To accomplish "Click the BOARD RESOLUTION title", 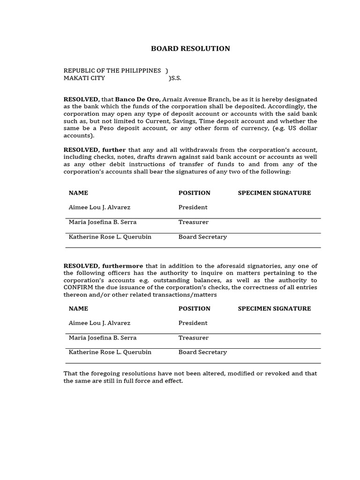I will click(x=190, y=49).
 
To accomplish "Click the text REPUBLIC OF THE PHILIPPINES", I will click(x=112, y=71).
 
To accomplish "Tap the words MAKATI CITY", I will click(x=84, y=78).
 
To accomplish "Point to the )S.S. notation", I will click(x=175, y=78).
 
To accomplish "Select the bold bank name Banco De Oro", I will click(x=138, y=99).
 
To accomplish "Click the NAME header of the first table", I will click(x=78, y=193).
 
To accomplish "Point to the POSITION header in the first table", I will click(x=194, y=193).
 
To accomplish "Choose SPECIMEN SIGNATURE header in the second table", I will click(x=274, y=309).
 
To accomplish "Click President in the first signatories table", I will click(x=193, y=208).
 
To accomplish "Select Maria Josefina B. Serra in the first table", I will click(x=103, y=222).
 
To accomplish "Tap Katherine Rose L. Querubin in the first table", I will click(x=110, y=237).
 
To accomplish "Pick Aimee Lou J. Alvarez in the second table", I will click(x=99, y=323).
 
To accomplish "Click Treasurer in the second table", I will click(x=193, y=338).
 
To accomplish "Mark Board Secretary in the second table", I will click(x=202, y=352).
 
